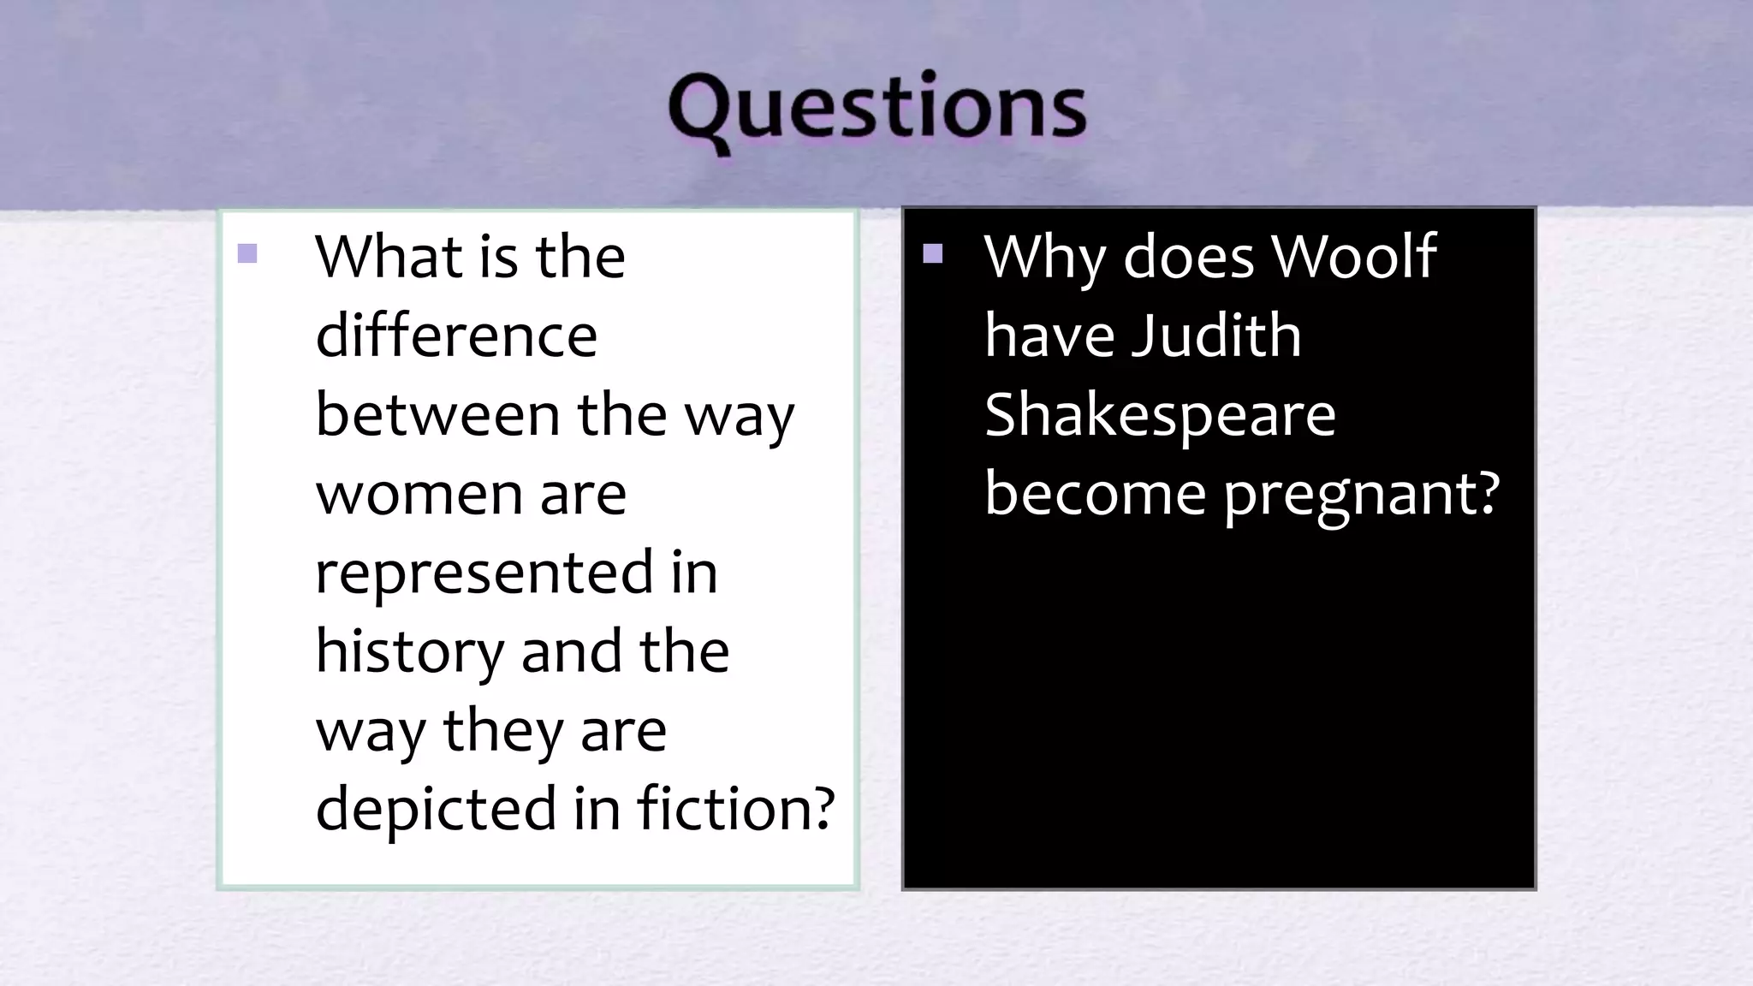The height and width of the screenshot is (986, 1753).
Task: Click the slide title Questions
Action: tap(876, 110)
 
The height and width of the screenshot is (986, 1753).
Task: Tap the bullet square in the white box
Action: tap(247, 253)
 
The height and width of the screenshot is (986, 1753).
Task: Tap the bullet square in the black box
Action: tap(933, 253)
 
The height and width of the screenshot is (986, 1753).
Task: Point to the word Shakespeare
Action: tap(1160, 414)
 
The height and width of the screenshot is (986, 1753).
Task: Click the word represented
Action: tap(484, 573)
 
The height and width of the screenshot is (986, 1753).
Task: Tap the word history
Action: tap(410, 652)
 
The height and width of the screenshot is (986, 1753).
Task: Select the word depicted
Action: tap(436, 808)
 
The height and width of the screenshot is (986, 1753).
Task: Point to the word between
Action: tap(437, 414)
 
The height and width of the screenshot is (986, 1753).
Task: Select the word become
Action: tap(1095, 494)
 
